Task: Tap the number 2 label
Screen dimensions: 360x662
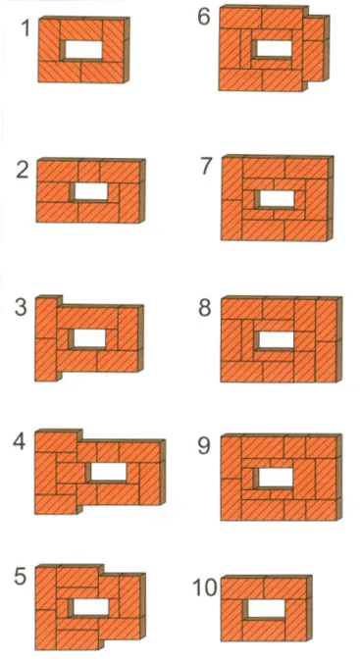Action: (x=23, y=170)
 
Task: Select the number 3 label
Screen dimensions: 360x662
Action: (x=22, y=307)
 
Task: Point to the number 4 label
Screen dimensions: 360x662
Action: (x=20, y=442)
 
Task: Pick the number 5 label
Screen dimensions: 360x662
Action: (x=21, y=577)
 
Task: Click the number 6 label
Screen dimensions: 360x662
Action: (x=204, y=17)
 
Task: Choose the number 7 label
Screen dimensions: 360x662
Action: (x=206, y=167)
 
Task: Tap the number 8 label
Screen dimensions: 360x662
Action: (x=205, y=308)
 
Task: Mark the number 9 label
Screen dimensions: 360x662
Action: (x=204, y=446)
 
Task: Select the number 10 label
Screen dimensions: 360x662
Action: (x=205, y=587)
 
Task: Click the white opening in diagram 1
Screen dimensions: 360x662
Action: (x=84, y=50)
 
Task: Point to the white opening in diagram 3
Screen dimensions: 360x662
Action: (x=89, y=338)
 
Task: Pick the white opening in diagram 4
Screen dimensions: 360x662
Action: (x=109, y=472)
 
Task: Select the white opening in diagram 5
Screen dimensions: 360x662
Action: (x=91, y=607)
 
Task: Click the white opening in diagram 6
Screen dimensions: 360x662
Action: (x=275, y=48)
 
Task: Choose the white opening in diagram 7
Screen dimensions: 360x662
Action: (x=278, y=198)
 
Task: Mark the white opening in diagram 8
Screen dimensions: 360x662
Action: (x=276, y=340)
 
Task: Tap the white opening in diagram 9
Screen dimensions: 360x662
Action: (x=276, y=477)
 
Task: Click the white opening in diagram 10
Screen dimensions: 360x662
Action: (x=266, y=608)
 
